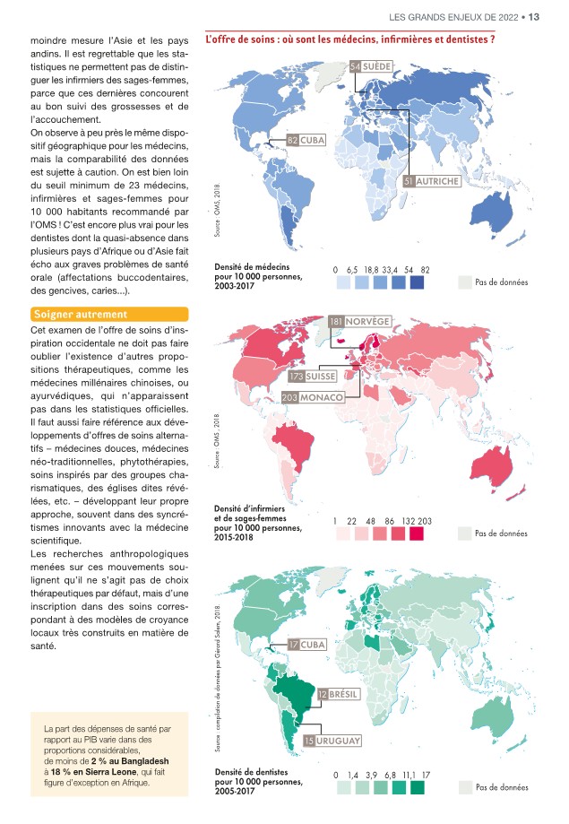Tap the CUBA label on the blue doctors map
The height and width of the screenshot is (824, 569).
[313, 141]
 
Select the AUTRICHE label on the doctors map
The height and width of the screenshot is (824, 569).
[438, 181]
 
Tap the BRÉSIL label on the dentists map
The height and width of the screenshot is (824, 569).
[344, 695]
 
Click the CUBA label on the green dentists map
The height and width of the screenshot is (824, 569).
[314, 646]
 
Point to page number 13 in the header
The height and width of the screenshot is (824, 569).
[535, 15]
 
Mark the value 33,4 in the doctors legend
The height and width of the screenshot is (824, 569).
[390, 269]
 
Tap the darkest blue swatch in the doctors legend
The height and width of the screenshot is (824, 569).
[417, 282]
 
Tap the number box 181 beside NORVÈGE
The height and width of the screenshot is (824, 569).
[337, 322]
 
